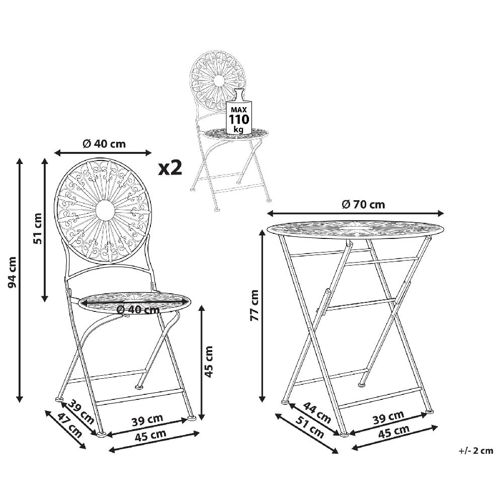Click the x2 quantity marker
[x=170, y=167]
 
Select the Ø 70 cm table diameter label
[x=363, y=204]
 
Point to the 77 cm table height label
[x=255, y=305]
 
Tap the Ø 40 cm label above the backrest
[x=104, y=143]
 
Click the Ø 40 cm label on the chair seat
[x=137, y=309]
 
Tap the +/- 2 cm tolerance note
[x=476, y=451]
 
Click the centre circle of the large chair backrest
[x=103, y=210]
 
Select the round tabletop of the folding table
[x=355, y=228]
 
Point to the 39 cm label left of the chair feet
[x=80, y=410]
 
